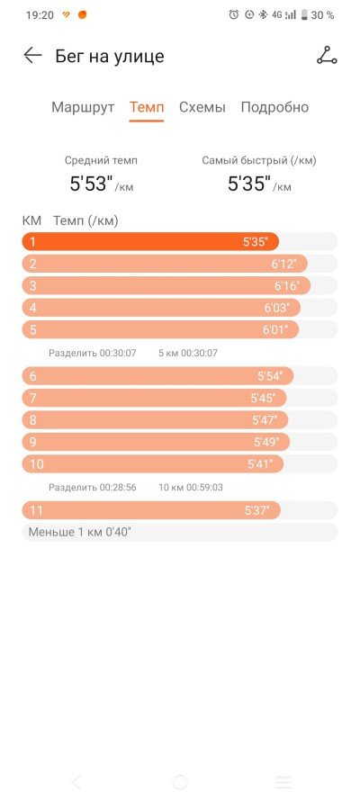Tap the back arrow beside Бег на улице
(x=32, y=56)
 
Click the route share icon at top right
(x=327, y=56)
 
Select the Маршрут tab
(x=83, y=107)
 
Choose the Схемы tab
(x=202, y=107)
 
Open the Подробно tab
(x=274, y=108)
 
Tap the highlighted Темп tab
(x=147, y=107)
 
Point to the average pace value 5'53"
(x=91, y=184)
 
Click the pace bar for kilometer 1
(x=150, y=241)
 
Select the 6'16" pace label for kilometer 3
(x=286, y=286)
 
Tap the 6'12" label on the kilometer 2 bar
(x=284, y=264)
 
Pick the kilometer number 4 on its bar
(x=33, y=308)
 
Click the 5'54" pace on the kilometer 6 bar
(x=270, y=376)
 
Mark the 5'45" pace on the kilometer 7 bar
(x=263, y=399)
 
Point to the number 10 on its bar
(x=37, y=464)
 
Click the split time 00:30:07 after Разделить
(x=118, y=353)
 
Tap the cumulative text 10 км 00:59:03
(x=191, y=487)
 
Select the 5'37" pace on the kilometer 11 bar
(x=257, y=510)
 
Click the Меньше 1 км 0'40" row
(x=179, y=532)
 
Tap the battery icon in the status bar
(x=304, y=15)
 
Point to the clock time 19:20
(x=40, y=15)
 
